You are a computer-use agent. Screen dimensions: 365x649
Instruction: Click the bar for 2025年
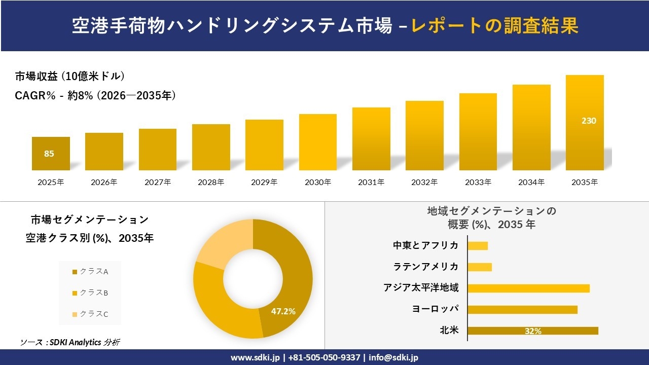[x=51, y=154]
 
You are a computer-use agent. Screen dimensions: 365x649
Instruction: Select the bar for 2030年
[x=317, y=142]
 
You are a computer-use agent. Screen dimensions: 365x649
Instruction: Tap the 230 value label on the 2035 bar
[x=589, y=121]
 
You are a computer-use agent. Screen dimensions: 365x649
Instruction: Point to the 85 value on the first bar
[x=49, y=154]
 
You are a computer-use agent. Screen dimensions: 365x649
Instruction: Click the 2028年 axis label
[x=210, y=182]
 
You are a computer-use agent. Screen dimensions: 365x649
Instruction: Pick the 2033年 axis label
[x=478, y=182]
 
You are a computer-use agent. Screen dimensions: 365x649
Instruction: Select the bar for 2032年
[x=424, y=135]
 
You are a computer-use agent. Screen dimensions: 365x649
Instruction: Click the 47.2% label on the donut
[x=283, y=311]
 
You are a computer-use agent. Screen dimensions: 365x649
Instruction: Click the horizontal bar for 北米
[x=532, y=331]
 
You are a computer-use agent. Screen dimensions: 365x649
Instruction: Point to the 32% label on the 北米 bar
[x=533, y=331]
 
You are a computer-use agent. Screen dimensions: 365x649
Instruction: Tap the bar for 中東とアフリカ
[x=477, y=246]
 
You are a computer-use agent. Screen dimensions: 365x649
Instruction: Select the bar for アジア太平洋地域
[x=528, y=288]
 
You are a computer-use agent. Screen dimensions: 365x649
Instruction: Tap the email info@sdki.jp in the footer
[x=393, y=357]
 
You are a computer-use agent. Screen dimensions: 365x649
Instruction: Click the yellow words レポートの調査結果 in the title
[x=495, y=26]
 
